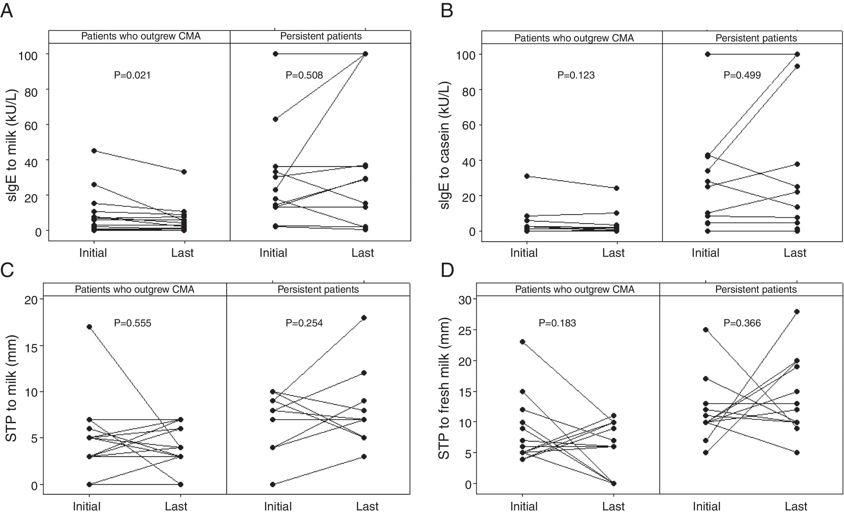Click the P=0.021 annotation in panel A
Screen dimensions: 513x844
click(x=132, y=75)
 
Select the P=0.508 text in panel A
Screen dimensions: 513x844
click(x=304, y=75)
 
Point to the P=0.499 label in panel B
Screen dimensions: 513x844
click(x=742, y=75)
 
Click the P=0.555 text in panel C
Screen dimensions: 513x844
click(x=132, y=323)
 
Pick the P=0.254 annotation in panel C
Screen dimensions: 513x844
click(x=304, y=323)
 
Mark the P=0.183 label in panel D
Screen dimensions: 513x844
click(x=557, y=323)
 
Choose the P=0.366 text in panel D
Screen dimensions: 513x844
click(x=742, y=323)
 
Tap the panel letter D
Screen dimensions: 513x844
click(x=447, y=270)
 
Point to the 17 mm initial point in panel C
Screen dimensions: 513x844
click(x=89, y=327)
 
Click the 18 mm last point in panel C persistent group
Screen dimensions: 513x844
click(x=364, y=318)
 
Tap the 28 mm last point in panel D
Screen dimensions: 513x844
click(x=797, y=312)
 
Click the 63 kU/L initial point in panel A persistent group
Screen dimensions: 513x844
click(x=275, y=119)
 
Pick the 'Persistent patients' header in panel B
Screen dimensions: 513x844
click(x=756, y=38)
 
